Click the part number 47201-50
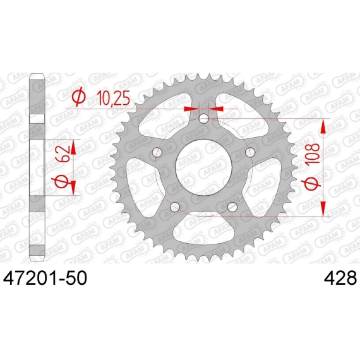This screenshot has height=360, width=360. click(x=45, y=278)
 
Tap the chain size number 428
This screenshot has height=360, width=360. click(x=340, y=278)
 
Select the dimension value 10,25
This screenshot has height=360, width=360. click(x=113, y=98)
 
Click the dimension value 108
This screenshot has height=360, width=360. click(x=312, y=153)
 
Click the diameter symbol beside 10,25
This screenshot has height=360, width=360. click(x=78, y=97)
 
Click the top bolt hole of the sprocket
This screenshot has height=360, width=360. click(x=203, y=119)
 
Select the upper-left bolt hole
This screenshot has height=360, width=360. click(x=157, y=152)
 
